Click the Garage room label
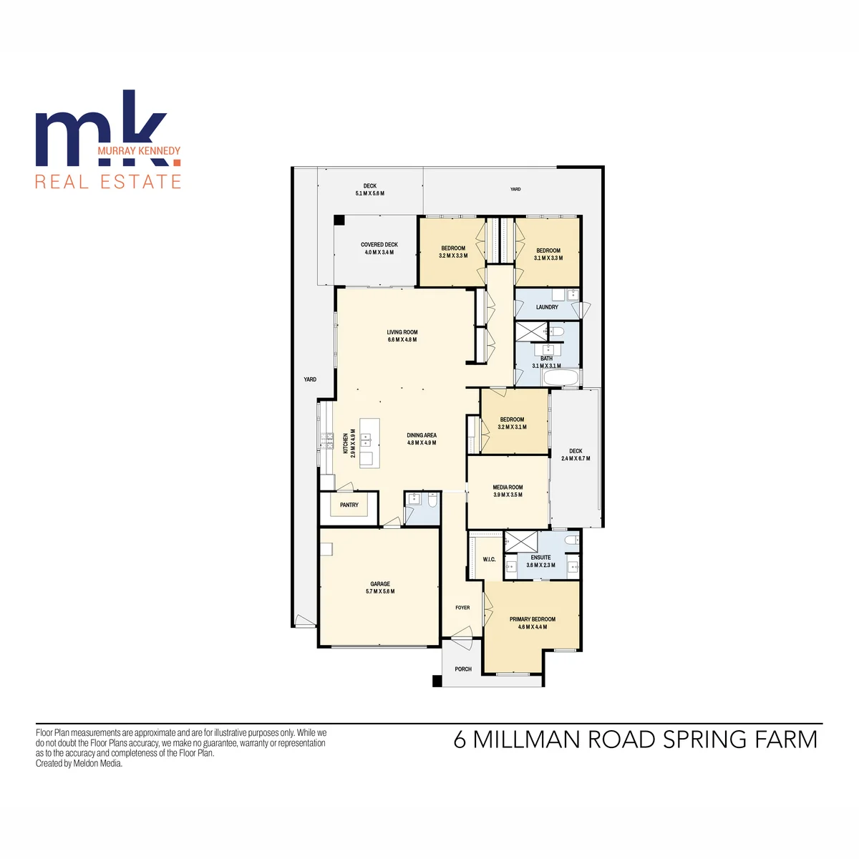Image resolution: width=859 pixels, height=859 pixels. (x=380, y=584)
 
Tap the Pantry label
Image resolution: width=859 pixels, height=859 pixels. (x=349, y=505)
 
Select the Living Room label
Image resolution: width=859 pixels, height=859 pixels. (x=402, y=332)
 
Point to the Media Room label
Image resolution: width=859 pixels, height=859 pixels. (x=508, y=487)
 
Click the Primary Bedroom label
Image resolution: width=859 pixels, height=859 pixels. (x=533, y=619)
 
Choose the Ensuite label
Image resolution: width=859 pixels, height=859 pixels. (x=540, y=558)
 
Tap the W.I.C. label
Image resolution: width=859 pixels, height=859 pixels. (x=489, y=560)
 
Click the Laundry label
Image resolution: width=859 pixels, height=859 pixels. (x=547, y=307)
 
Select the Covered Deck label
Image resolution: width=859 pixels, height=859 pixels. (x=379, y=245)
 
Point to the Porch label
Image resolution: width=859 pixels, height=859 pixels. (x=463, y=669)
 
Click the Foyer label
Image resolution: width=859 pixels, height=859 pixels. (x=462, y=608)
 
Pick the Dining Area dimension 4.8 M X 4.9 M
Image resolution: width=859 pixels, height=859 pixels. (x=421, y=442)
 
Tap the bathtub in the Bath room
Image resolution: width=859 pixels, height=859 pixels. (x=561, y=378)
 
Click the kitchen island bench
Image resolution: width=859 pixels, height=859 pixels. (x=369, y=443)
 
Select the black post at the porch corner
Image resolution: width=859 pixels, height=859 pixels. (x=437, y=681)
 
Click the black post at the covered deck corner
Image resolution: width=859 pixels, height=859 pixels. (x=340, y=220)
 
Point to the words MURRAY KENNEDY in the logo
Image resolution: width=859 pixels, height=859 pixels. (x=139, y=150)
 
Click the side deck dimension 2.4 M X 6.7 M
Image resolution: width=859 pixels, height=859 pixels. (x=576, y=458)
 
